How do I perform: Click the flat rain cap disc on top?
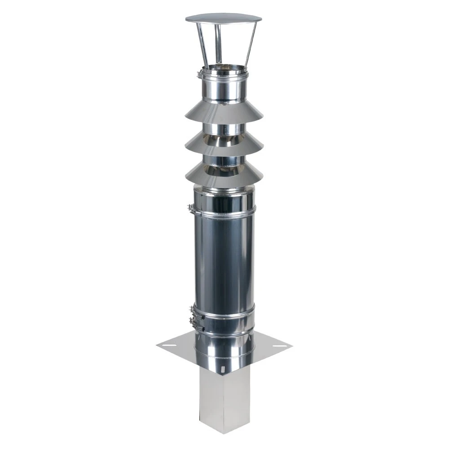coord(223,18)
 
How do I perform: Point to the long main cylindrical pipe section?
coord(224,260)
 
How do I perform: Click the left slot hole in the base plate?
coord(171,345)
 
